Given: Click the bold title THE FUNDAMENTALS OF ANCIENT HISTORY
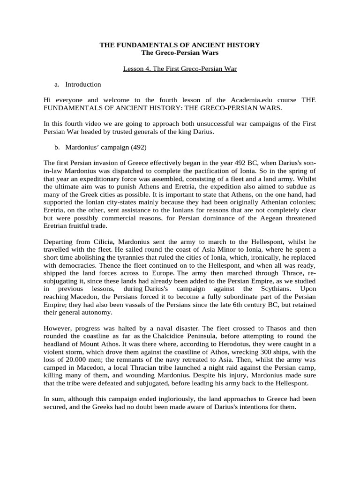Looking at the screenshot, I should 180,45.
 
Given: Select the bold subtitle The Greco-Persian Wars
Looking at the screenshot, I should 180,52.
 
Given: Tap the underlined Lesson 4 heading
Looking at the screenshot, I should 180,69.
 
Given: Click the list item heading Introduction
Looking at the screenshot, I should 83,84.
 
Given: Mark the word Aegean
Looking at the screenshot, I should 267,219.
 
